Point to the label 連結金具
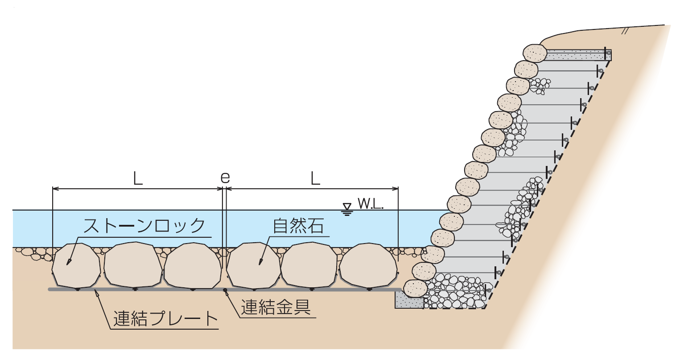point(275,307)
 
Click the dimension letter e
point(225,178)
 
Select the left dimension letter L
point(138,178)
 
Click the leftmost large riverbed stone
point(76,265)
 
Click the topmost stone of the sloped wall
point(535,53)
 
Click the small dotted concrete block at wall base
point(409,300)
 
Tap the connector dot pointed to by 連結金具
point(225,291)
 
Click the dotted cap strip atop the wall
point(578,55)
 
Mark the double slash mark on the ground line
point(625,31)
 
